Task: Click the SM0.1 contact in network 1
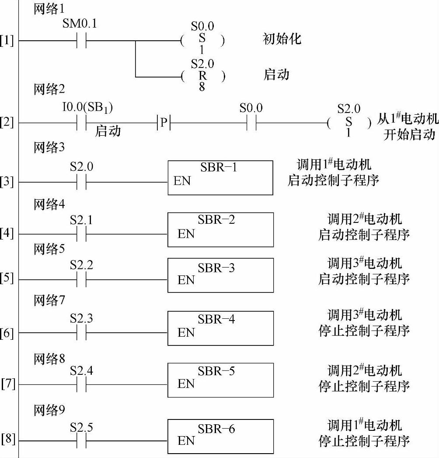pos(81,41)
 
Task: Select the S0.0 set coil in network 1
pos(202,41)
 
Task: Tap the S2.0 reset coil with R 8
pos(202,76)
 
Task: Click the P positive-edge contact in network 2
pos(163,123)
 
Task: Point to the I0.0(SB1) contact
pos(81,123)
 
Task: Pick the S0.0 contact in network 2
pos(251,123)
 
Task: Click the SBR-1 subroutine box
pos(220,177)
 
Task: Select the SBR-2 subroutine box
pos(220,229)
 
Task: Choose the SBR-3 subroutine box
pos(220,275)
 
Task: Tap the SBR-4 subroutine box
pos(220,328)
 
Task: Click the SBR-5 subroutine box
pos(220,380)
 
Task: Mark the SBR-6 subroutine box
pos(220,436)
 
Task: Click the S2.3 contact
pos(81,333)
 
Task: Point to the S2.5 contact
pos(81,440)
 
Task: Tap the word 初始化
pos(282,39)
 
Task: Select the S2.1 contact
pos(81,234)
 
